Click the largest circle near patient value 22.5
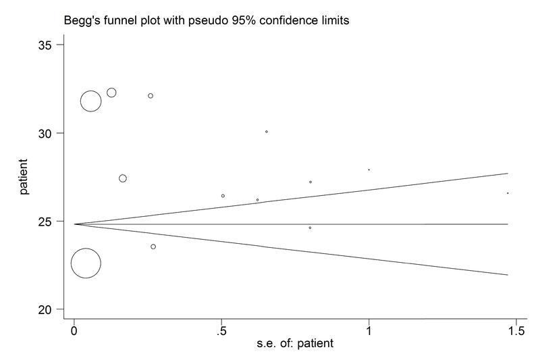pyautogui.click(x=86, y=263)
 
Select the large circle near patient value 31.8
pyautogui.click(x=91, y=101)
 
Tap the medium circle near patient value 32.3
pyautogui.click(x=111, y=93)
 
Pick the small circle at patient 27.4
pyautogui.click(x=123, y=178)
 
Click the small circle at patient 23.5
pyautogui.click(x=153, y=247)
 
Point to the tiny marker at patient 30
pyautogui.click(x=267, y=132)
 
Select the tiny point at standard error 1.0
pyautogui.click(x=369, y=170)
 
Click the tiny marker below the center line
pyautogui.click(x=310, y=228)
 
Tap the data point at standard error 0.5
pyautogui.click(x=223, y=196)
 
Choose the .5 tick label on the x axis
pyautogui.click(x=221, y=331)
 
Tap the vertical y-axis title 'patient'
pyautogui.click(x=24, y=177)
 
